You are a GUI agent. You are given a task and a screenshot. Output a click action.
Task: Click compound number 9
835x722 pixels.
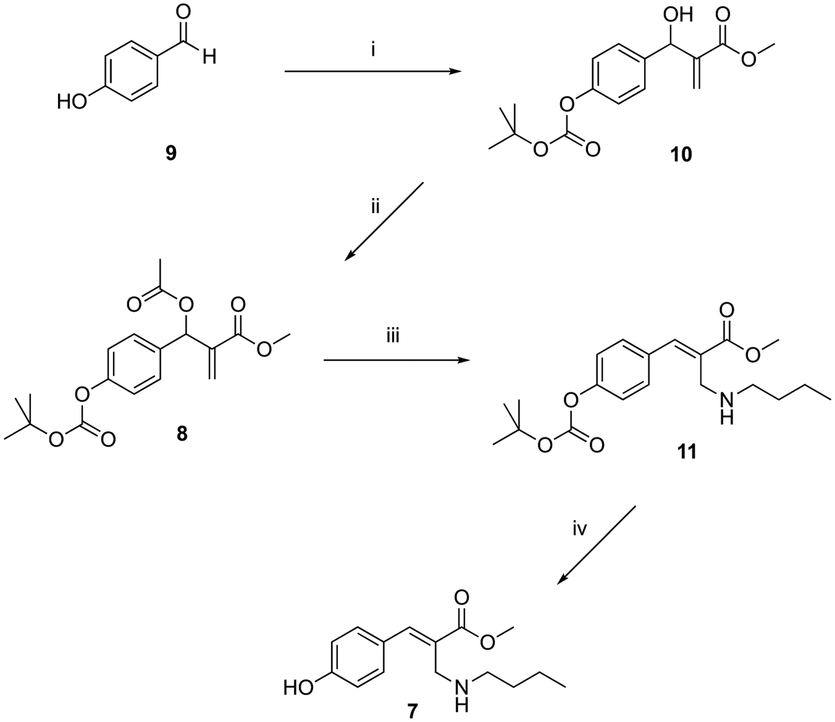(x=171, y=153)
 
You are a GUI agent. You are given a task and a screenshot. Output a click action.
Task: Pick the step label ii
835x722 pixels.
(x=375, y=208)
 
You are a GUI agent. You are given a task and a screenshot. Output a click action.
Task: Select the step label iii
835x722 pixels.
(x=393, y=336)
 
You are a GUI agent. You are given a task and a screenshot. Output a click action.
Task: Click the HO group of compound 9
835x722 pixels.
(x=72, y=103)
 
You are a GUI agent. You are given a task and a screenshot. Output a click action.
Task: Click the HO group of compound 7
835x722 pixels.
(x=298, y=687)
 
